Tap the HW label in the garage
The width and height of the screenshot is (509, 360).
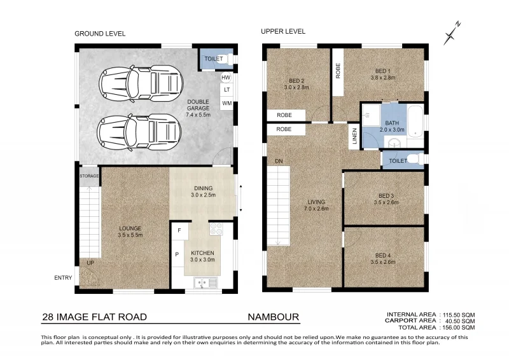[x=226, y=78]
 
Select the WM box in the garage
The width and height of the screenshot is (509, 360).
[x=227, y=103]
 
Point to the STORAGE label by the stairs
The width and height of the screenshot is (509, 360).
[x=89, y=176]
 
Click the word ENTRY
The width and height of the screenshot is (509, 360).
[x=64, y=277]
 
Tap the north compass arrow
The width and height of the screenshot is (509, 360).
[x=453, y=29]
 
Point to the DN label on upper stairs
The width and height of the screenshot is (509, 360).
[x=279, y=162]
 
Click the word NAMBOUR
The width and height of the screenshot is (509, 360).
[x=273, y=317]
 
